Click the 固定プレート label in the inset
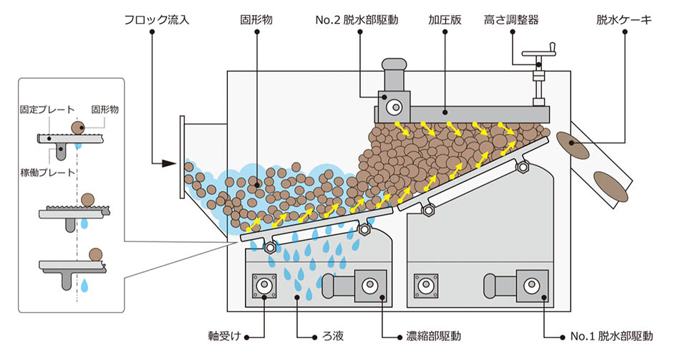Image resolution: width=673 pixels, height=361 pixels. (47, 110)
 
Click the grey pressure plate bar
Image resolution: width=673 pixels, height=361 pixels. (465, 112)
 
